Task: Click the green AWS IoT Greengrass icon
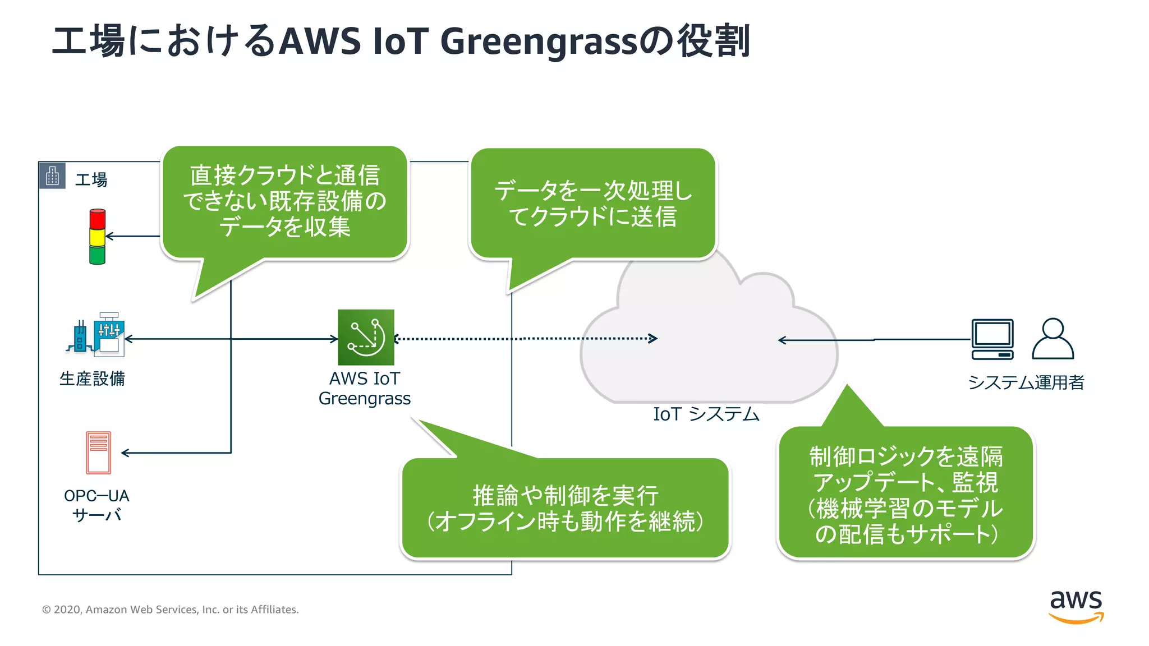pos(366,337)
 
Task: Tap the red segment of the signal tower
pos(98,219)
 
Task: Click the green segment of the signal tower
pos(98,255)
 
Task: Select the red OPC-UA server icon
pos(98,453)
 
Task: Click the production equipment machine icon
pos(96,335)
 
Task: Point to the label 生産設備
pos(92,379)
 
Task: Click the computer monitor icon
pos(992,339)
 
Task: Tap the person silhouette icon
pos(1053,339)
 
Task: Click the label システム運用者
pos(1026,382)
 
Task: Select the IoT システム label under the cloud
pos(706,414)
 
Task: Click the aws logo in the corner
pos(1076,606)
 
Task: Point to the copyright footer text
pos(171,610)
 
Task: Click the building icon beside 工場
pos(53,176)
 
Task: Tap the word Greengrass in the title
pos(539,41)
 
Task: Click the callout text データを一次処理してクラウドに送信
pos(593,204)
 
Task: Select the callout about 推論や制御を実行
pos(565,508)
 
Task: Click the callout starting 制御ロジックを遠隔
pos(906,494)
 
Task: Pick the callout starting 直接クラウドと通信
pos(284,201)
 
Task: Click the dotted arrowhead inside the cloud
pos(653,338)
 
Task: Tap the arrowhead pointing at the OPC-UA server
pos(125,453)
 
